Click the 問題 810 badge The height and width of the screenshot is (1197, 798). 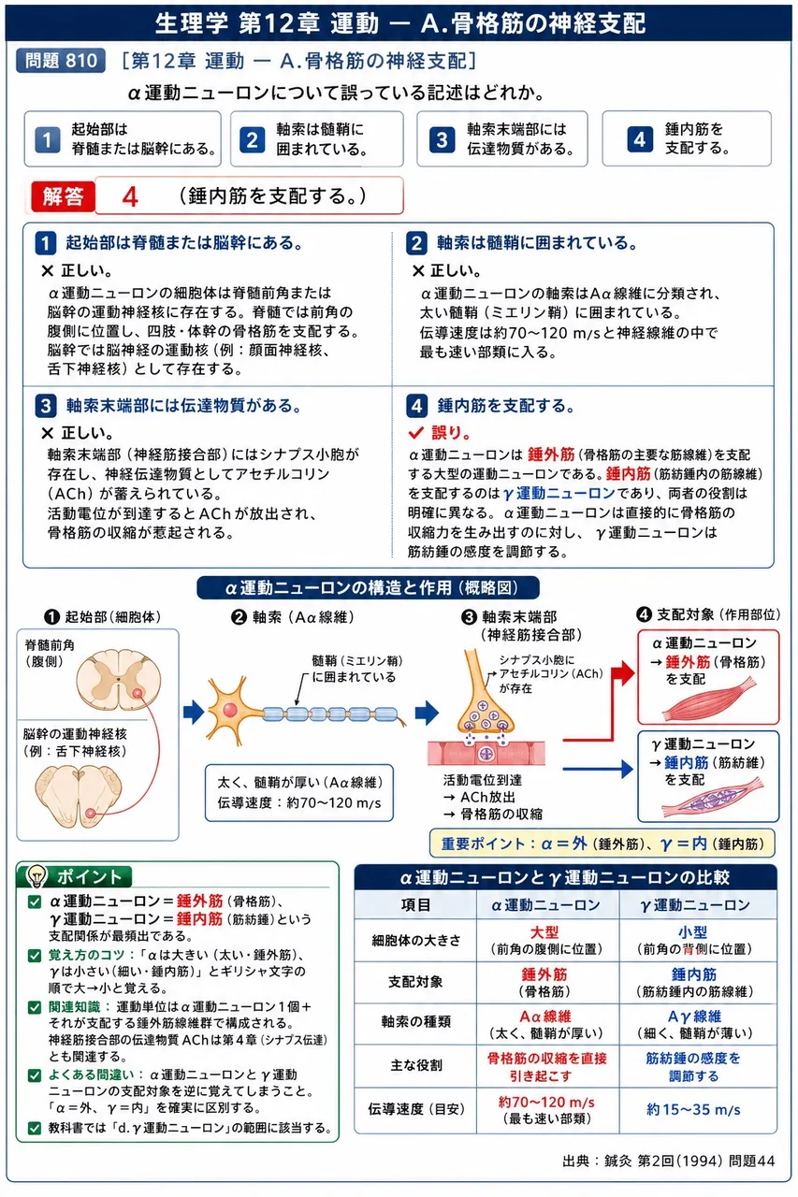[x=61, y=61]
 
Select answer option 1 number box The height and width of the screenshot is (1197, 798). [x=47, y=139]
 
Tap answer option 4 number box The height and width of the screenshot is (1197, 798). [x=639, y=139]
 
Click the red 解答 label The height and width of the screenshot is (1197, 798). [x=63, y=196]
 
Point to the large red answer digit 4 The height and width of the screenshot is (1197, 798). [x=130, y=197]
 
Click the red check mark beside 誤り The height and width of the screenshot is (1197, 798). [x=415, y=432]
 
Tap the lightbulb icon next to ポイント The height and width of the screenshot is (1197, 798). [x=37, y=875]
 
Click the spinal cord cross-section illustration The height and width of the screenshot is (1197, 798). [x=118, y=679]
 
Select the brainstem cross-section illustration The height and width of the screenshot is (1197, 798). [x=78, y=796]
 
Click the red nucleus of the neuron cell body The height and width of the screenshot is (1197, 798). [x=230, y=710]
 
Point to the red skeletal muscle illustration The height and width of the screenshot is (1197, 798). [x=710, y=700]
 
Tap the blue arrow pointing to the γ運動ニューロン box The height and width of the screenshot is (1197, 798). [x=598, y=769]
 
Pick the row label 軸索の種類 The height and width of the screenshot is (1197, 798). [x=415, y=1023]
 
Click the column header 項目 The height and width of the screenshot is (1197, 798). [x=415, y=904]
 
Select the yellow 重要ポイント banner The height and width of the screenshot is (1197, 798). [x=602, y=844]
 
